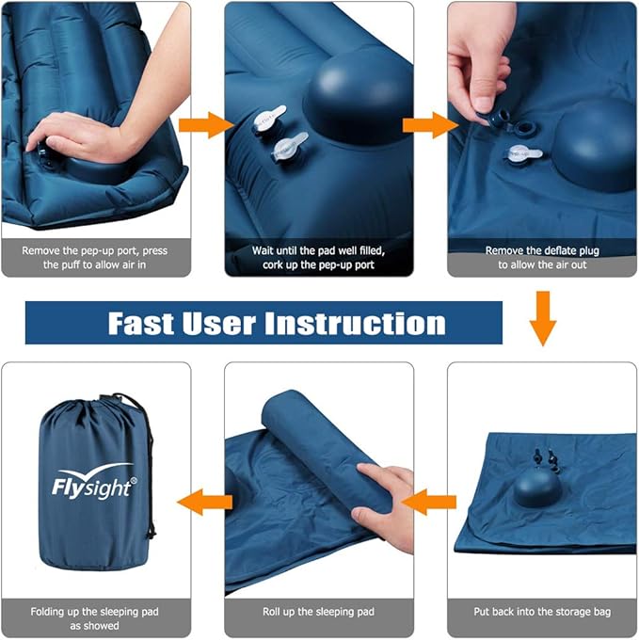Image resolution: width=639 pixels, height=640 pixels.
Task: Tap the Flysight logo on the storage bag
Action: pyautogui.click(x=94, y=482)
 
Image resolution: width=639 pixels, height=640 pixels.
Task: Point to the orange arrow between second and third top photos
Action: pyautogui.click(x=428, y=124)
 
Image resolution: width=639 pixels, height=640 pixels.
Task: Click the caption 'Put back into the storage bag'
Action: pyautogui.click(x=542, y=612)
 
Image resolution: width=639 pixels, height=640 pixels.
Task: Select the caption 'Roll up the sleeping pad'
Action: pyautogui.click(x=318, y=612)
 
